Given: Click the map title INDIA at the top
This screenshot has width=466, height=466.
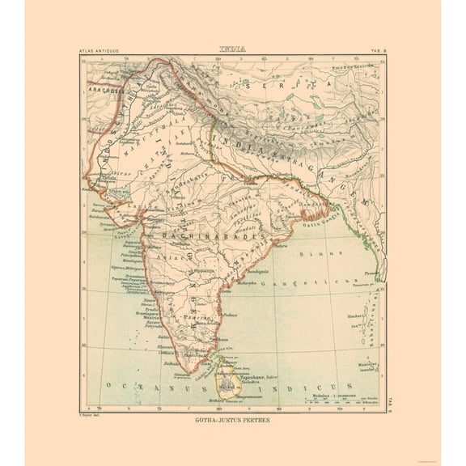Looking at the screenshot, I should coord(233,49).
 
